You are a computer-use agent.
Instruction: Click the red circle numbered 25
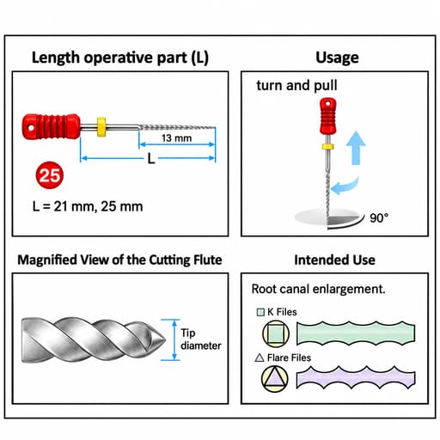tap(50, 175)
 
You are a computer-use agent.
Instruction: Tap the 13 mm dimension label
tap(176, 138)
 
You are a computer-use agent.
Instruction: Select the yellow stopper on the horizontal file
tap(101, 126)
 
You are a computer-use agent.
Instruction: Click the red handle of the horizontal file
tap(51, 126)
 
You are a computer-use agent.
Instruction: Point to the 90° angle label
tap(379, 218)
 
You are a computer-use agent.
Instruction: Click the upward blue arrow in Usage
tap(356, 148)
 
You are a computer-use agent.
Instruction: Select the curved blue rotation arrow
tap(345, 187)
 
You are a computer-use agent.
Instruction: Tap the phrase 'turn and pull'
tap(296, 85)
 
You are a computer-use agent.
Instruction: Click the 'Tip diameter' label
tap(201, 339)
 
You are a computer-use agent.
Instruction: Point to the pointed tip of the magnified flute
tap(166, 339)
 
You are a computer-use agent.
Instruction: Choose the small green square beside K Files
tap(260, 312)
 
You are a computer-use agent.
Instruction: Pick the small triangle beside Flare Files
tap(260, 357)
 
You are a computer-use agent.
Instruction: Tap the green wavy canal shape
tap(356, 333)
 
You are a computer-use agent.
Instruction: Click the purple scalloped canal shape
tap(356, 377)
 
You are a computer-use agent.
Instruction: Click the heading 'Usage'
tap(337, 58)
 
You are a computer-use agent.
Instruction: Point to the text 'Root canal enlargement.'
tap(318, 289)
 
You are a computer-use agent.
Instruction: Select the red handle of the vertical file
tap(328, 116)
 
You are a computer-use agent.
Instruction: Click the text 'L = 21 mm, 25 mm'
tap(88, 206)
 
